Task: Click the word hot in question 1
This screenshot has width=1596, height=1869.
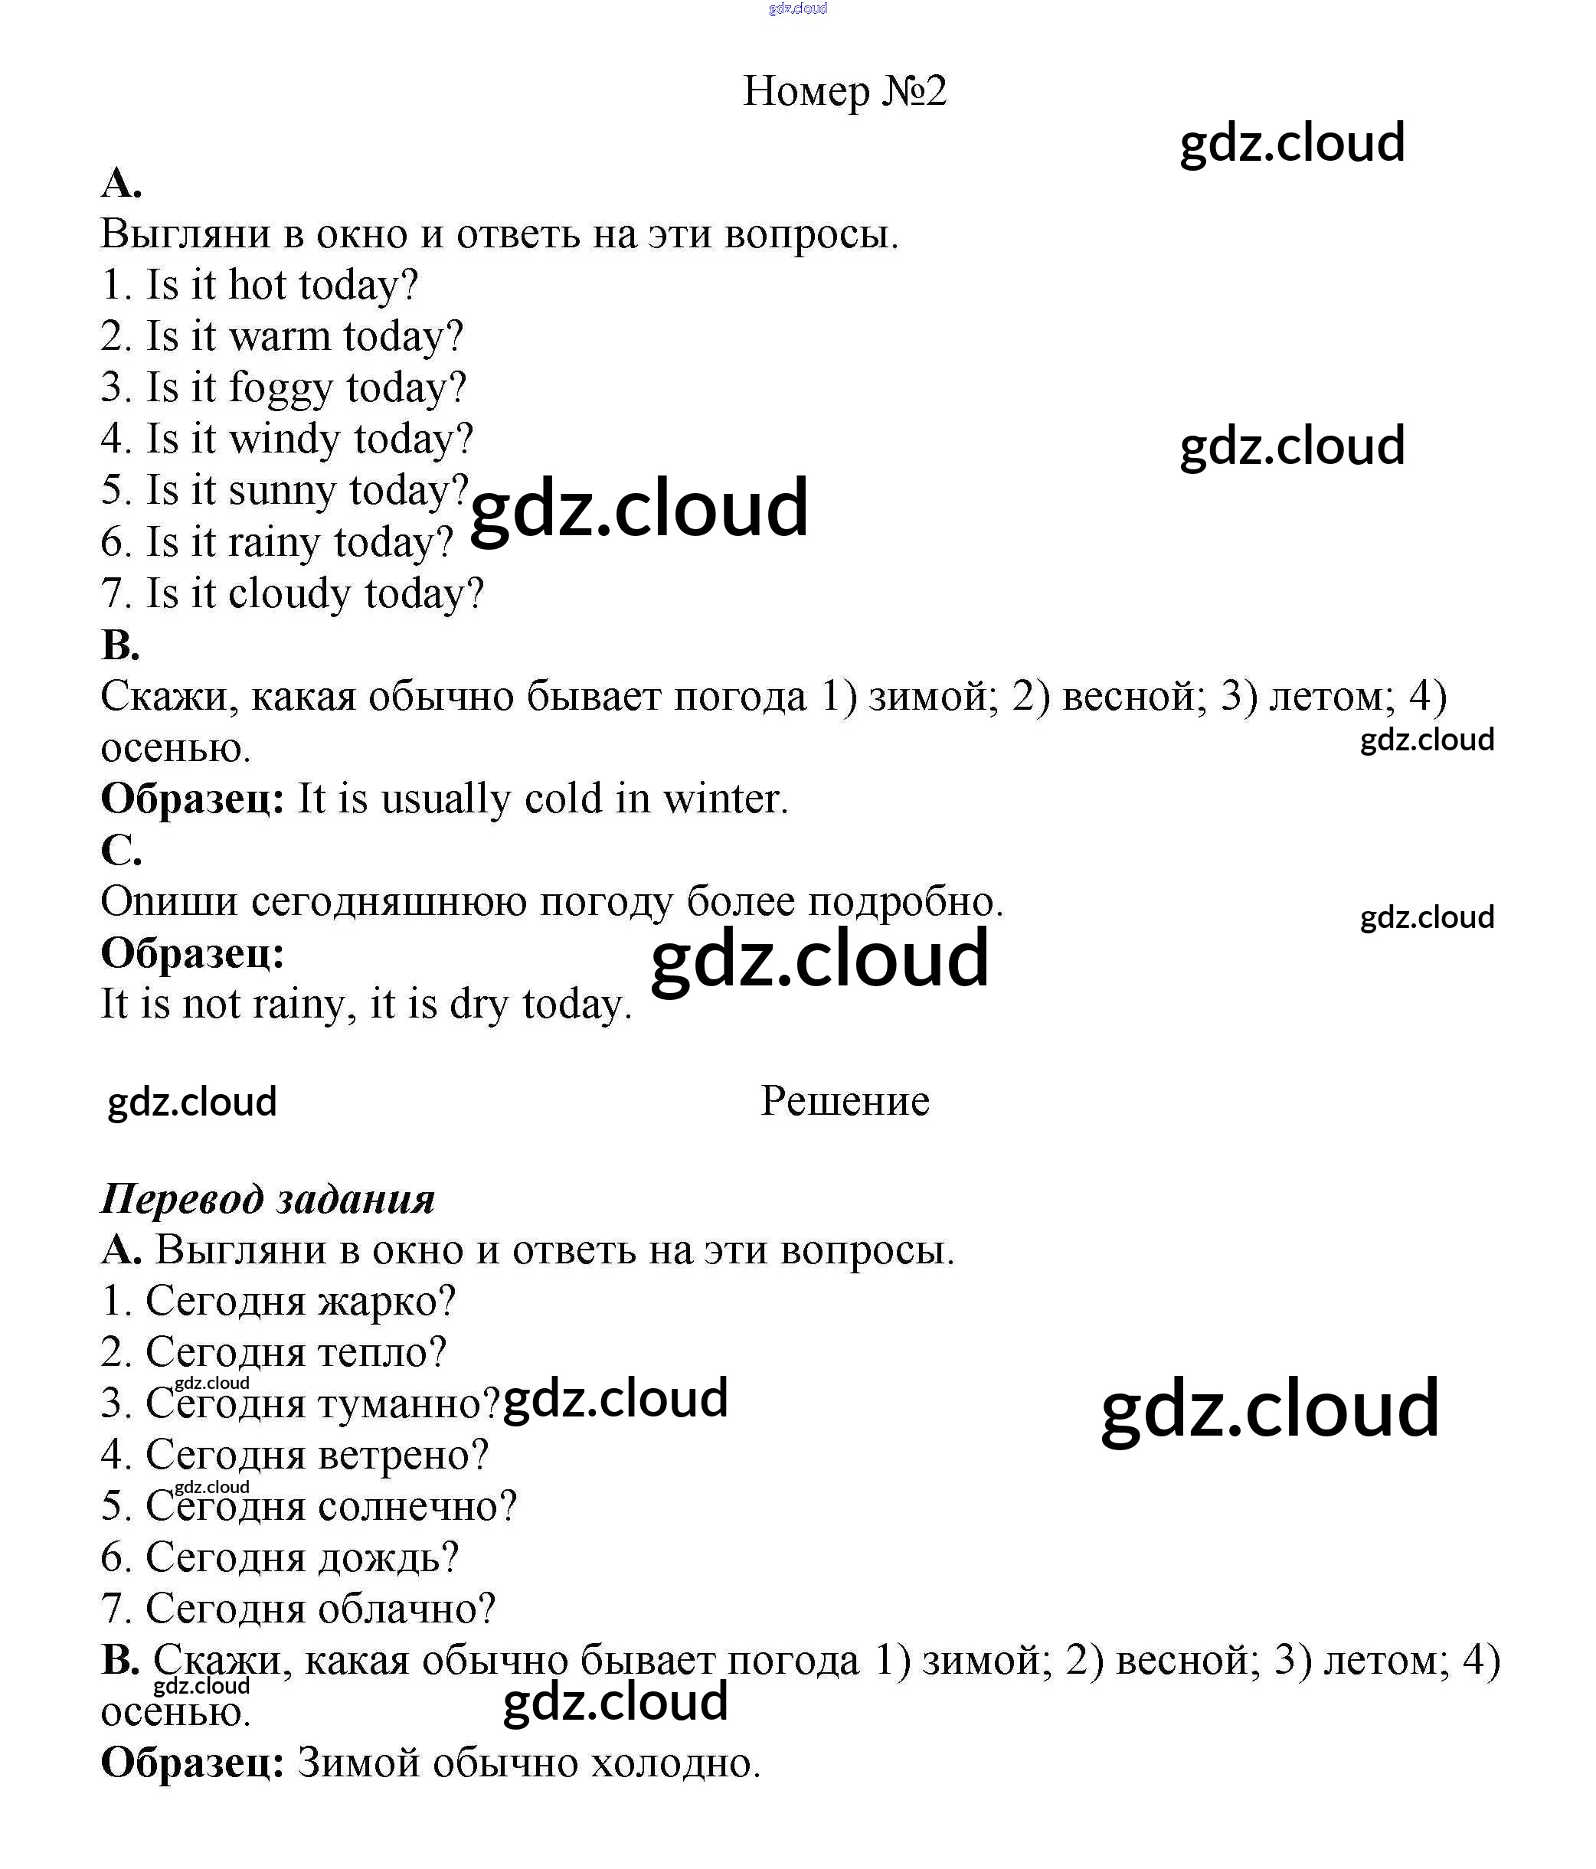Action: [257, 285]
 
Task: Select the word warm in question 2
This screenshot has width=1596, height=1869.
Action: [280, 336]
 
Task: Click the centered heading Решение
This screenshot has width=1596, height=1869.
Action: [845, 1100]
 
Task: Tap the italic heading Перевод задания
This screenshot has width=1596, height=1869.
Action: [268, 1199]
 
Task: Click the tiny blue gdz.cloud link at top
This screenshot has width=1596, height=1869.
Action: [797, 9]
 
